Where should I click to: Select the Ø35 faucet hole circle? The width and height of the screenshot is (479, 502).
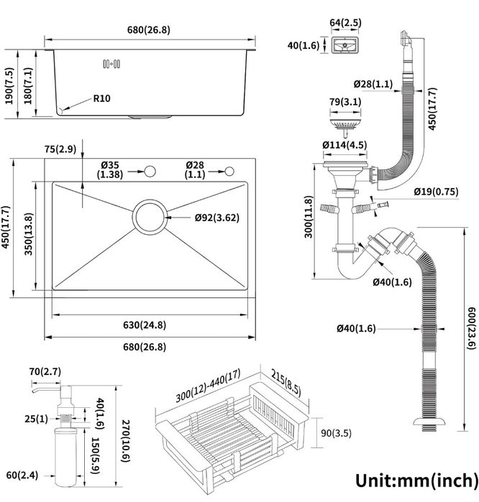pyautogui.click(x=150, y=171)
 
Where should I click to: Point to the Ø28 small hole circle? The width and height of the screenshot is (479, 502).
pyautogui.click(x=230, y=171)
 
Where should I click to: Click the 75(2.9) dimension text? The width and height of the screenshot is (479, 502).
pyautogui.click(x=60, y=149)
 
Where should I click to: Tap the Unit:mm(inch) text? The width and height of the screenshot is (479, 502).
pyautogui.click(x=415, y=479)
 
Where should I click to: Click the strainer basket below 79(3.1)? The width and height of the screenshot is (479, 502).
pyautogui.click(x=342, y=128)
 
